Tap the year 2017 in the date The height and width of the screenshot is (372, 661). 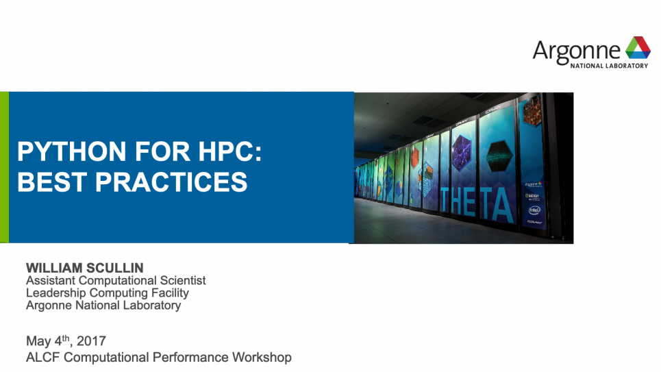click(92, 341)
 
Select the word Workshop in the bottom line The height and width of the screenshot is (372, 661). click(261, 357)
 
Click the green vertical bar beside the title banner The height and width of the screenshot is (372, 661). click(4, 167)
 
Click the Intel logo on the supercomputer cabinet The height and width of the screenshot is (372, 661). click(534, 210)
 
